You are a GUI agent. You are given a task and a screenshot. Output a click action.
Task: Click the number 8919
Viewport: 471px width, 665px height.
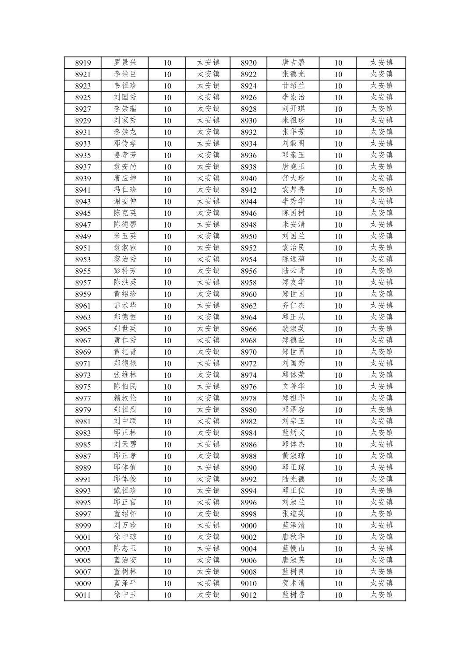click(x=83, y=63)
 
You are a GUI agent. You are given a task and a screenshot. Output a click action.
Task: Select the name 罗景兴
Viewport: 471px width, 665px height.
click(x=125, y=63)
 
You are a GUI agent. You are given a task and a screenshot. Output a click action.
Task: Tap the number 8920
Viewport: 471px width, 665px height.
click(x=248, y=63)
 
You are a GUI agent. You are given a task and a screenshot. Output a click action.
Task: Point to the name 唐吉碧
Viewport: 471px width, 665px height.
click(x=293, y=63)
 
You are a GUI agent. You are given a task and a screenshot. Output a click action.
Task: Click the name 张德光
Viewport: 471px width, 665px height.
click(x=293, y=74)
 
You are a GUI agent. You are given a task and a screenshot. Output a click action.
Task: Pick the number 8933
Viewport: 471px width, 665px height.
click(x=83, y=144)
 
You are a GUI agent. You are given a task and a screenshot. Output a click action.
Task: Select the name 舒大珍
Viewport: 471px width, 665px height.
click(x=293, y=178)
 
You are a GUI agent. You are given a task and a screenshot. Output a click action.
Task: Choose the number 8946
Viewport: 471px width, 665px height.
click(x=248, y=214)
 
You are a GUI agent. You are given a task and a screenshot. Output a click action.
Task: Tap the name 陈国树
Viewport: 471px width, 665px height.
click(x=293, y=213)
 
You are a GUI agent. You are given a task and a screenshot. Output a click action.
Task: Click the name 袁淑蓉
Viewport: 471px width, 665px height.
click(x=125, y=248)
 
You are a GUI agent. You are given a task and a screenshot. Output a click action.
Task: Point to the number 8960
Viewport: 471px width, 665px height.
click(x=248, y=295)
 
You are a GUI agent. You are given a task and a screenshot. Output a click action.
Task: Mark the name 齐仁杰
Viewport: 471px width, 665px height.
click(x=293, y=306)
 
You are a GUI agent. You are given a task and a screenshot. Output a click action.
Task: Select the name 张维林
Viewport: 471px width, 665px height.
click(x=125, y=375)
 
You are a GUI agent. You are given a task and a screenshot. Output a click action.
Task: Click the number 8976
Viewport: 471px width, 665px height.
click(x=248, y=387)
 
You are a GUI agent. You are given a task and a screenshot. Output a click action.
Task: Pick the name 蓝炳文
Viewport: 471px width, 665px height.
click(x=293, y=433)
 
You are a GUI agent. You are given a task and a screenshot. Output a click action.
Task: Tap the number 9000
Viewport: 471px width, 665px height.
click(x=248, y=526)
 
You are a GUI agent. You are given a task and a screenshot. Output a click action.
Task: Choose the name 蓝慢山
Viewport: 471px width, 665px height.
click(x=293, y=549)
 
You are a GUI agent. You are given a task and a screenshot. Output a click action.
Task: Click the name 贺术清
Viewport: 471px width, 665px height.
click(x=293, y=583)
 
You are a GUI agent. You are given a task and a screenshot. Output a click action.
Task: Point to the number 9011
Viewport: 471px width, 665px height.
click(x=83, y=595)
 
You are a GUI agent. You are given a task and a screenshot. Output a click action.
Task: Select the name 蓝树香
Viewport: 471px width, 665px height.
click(x=293, y=595)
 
